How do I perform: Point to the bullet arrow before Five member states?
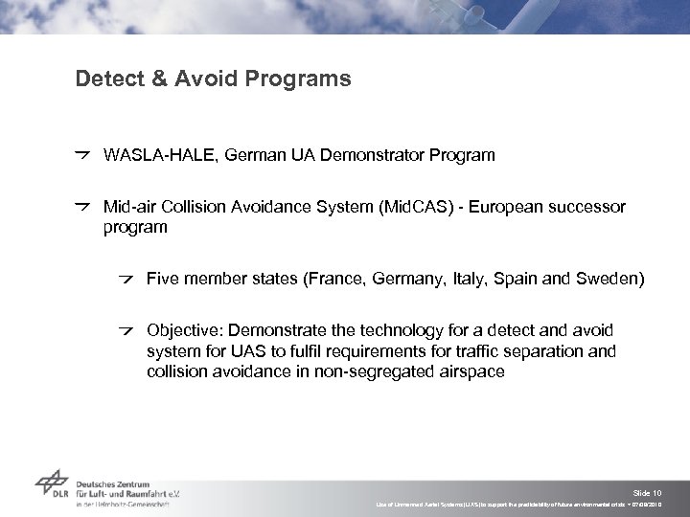126,279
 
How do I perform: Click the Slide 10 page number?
650,489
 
